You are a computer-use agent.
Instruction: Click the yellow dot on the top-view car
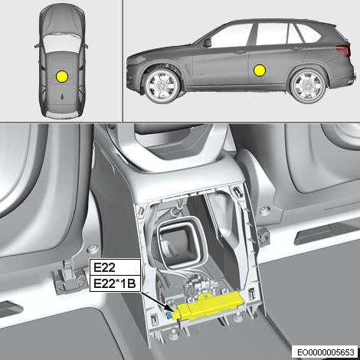[62, 77]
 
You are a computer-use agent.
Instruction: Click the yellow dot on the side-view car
[260, 70]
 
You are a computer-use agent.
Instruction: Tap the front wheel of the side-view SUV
[161, 86]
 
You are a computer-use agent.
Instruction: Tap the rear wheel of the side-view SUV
[309, 86]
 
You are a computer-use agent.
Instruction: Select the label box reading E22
[115, 267]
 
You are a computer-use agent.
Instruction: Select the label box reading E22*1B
[115, 283]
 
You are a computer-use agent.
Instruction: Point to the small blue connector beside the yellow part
[169, 316]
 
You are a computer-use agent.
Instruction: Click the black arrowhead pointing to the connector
[172, 309]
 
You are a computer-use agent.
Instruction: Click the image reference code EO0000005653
[326, 352]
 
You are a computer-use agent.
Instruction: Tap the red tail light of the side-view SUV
[342, 50]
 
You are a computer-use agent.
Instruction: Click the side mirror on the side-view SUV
[207, 43]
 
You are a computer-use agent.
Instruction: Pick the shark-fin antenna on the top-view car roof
[63, 97]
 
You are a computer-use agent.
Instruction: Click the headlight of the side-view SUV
[136, 61]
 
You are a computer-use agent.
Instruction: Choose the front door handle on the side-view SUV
[239, 52]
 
